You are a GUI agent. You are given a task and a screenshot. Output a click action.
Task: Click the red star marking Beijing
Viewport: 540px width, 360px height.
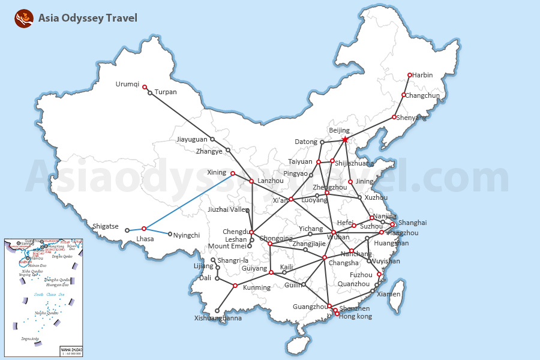(x=345, y=140)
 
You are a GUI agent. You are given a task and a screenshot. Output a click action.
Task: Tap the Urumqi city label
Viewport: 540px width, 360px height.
(x=127, y=85)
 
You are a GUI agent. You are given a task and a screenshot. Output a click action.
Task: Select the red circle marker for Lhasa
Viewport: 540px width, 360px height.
(x=144, y=229)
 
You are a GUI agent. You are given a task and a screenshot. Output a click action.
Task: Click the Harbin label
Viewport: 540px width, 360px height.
(x=422, y=76)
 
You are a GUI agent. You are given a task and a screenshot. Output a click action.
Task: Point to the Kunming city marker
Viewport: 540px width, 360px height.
(x=235, y=286)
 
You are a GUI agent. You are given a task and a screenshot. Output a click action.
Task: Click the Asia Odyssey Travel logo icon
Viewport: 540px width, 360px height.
(x=24, y=19)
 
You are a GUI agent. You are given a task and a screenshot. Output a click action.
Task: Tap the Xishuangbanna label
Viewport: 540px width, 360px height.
(x=218, y=319)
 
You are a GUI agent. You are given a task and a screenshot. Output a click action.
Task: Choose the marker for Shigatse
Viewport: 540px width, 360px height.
(x=127, y=230)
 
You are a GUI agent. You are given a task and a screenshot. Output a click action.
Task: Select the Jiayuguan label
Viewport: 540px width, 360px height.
(x=192, y=140)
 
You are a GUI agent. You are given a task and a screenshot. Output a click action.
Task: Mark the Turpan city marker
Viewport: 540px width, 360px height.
(x=150, y=93)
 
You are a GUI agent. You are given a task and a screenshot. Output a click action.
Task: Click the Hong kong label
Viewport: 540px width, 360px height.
(x=356, y=317)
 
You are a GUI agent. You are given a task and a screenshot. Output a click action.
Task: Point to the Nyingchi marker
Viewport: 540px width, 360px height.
(x=170, y=234)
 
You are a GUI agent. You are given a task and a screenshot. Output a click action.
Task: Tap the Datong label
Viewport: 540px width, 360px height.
(x=306, y=142)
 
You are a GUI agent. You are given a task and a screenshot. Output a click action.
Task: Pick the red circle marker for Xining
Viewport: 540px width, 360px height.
(x=233, y=173)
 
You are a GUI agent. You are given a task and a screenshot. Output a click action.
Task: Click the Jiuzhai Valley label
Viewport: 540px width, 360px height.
(x=228, y=210)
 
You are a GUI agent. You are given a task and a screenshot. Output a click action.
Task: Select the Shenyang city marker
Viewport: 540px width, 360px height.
(x=394, y=117)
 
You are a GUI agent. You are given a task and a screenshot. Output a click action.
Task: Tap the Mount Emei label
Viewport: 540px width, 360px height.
(x=227, y=247)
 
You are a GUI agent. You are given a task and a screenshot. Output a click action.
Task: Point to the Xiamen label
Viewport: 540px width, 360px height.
(x=389, y=295)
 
